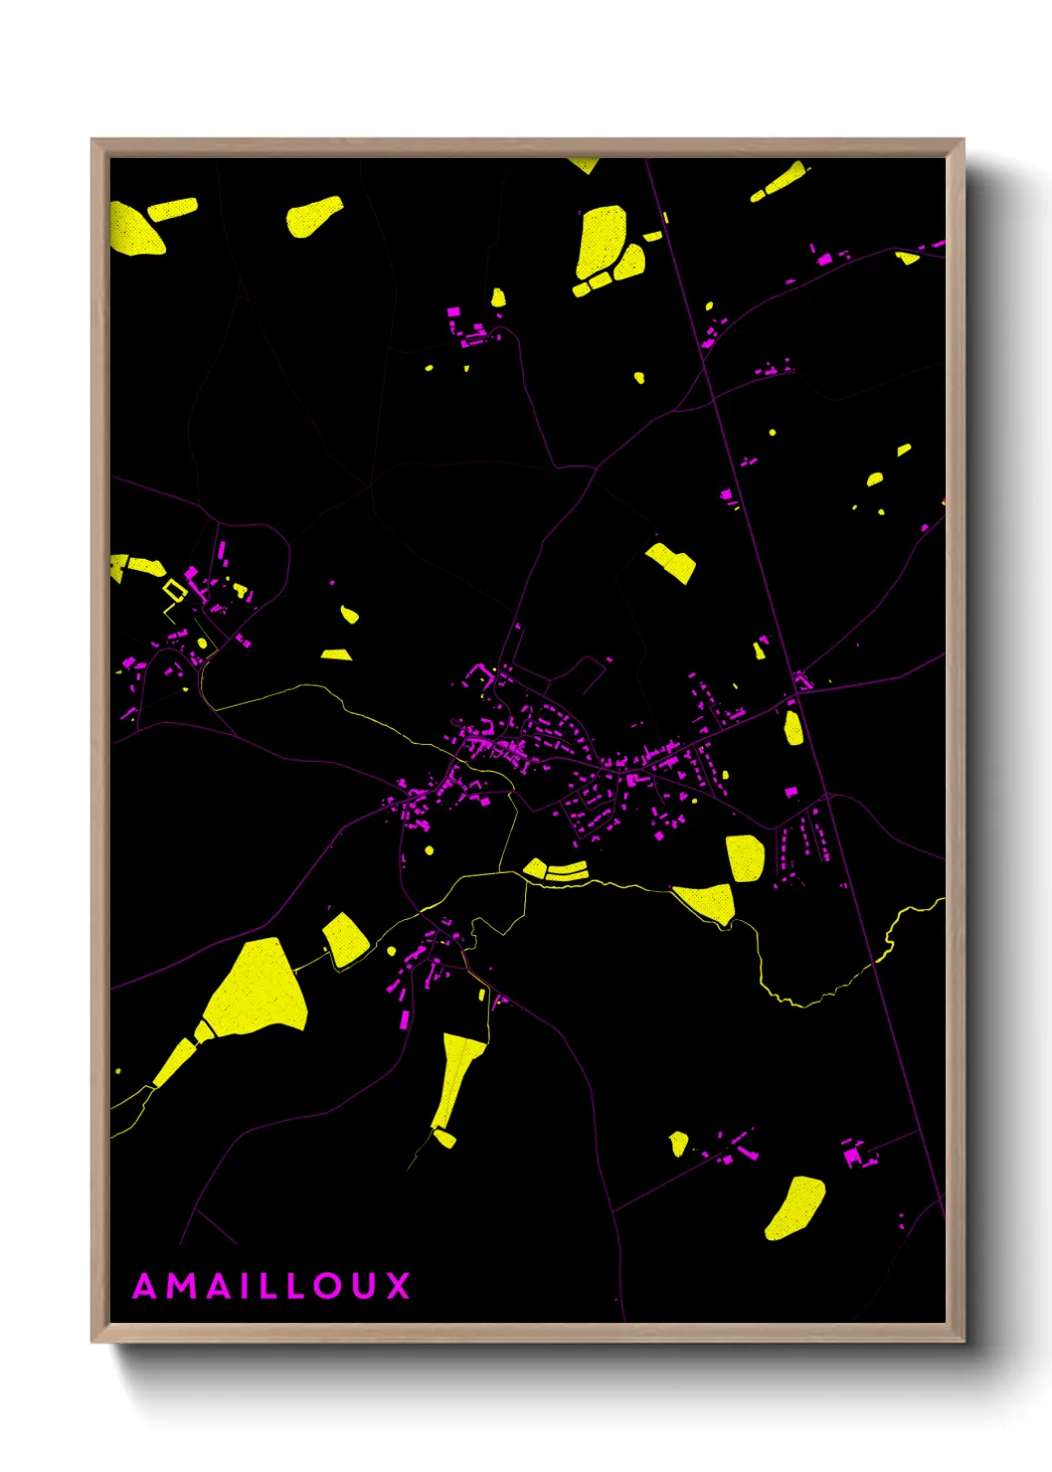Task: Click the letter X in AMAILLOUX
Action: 398,1286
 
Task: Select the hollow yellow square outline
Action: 175,591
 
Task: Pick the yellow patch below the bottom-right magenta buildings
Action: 795,1207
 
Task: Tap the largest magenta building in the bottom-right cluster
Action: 852,1156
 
